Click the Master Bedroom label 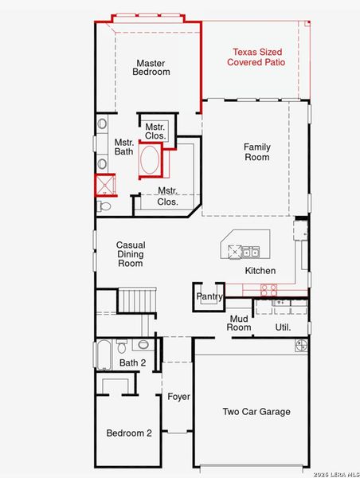pos(151,68)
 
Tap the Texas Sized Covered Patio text pos(256,57)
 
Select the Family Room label pos(257,152)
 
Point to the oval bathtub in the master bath pos(150,160)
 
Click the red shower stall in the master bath pos(105,185)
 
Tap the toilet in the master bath pos(104,206)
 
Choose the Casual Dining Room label pos(131,254)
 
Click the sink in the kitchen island pos(250,252)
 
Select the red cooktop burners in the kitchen pos(269,290)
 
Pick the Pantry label pos(209,296)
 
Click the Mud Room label pos(239,323)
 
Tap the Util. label pos(283,327)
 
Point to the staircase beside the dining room pos(137,300)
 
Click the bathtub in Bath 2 pos(104,355)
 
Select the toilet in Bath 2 pos(121,346)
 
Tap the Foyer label pos(178,397)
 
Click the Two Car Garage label pos(256,412)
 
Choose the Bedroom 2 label pos(129,433)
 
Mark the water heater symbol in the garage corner pos(301,346)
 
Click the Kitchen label pos(260,271)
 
